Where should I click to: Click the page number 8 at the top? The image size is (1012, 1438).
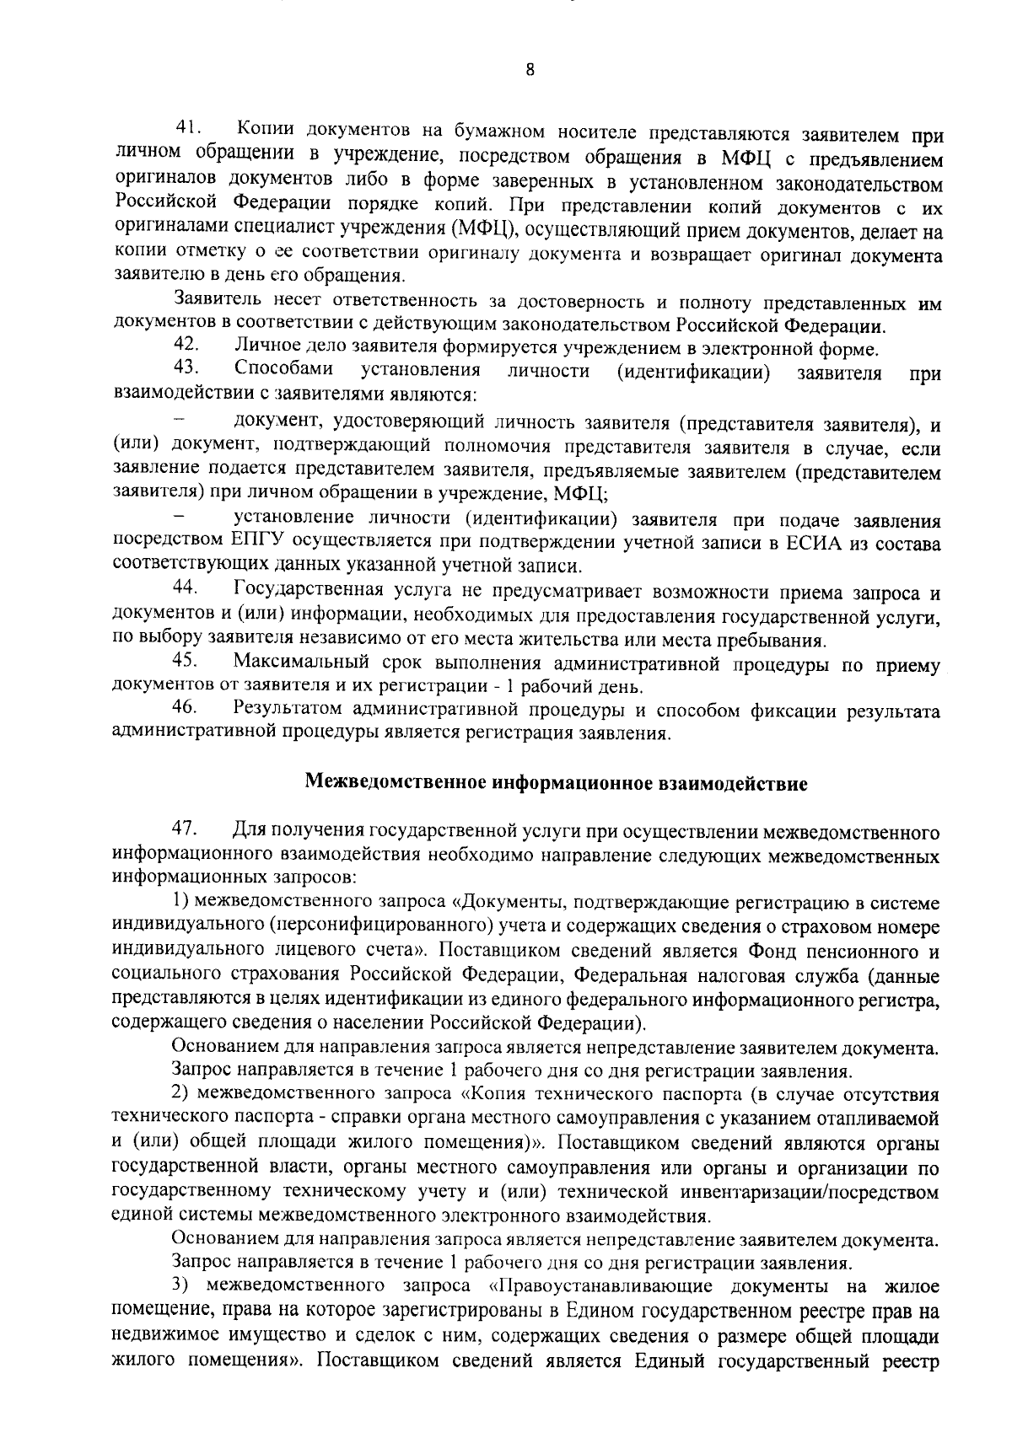click(x=529, y=72)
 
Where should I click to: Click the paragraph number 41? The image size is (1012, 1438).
click(x=186, y=128)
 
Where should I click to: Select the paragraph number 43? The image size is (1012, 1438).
click(x=186, y=368)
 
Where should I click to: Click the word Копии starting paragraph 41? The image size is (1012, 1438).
click(x=265, y=129)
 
